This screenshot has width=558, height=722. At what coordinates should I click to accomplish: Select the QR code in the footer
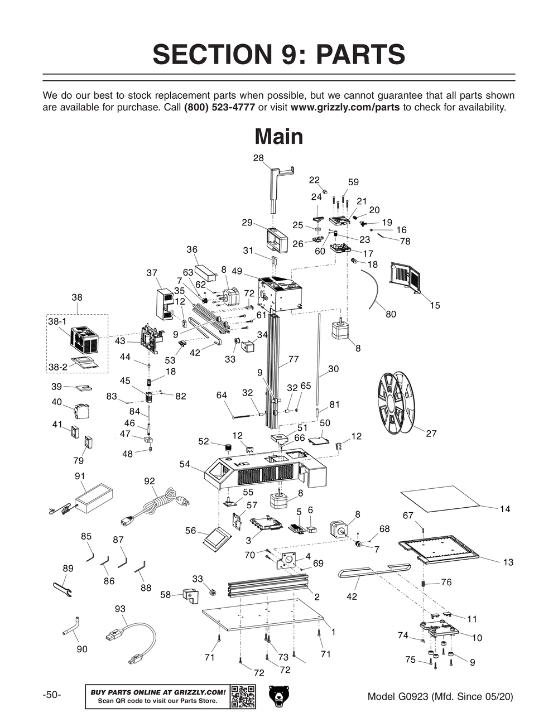pyautogui.click(x=243, y=696)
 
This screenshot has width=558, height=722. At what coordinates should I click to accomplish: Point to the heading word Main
pyautogui.click(x=278, y=137)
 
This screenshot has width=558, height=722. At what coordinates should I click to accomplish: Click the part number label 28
pyautogui.click(x=258, y=158)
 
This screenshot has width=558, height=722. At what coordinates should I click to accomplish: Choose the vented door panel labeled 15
pyautogui.click(x=406, y=277)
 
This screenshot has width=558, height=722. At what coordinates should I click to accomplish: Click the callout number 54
pyautogui.click(x=185, y=464)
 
